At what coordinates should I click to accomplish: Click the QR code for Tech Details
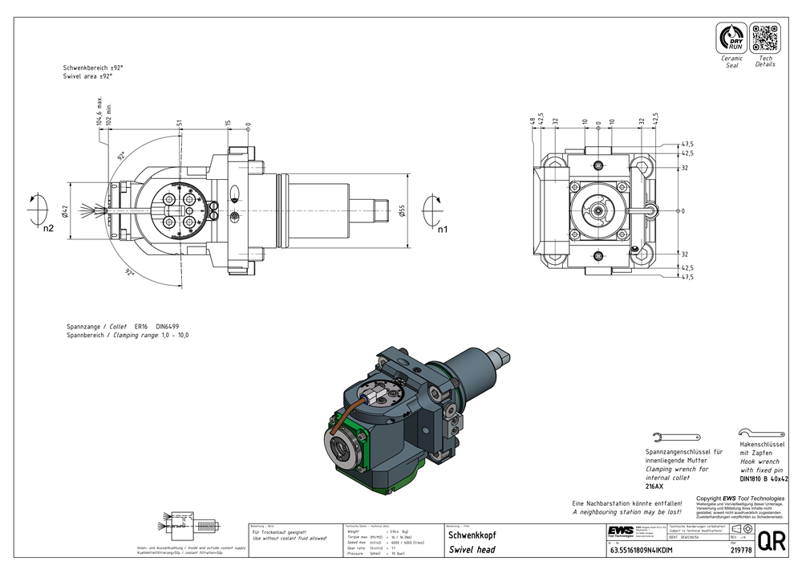click(x=765, y=39)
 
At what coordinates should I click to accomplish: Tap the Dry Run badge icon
click(x=732, y=39)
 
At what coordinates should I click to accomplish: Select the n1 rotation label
click(x=442, y=230)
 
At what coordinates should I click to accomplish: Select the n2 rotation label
click(x=48, y=230)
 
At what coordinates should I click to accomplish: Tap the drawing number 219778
click(x=741, y=550)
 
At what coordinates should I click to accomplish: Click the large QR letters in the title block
click(x=771, y=540)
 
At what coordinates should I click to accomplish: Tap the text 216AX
click(x=654, y=486)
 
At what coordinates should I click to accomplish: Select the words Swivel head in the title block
click(x=472, y=550)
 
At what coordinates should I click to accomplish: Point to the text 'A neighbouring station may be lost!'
click(x=626, y=511)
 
